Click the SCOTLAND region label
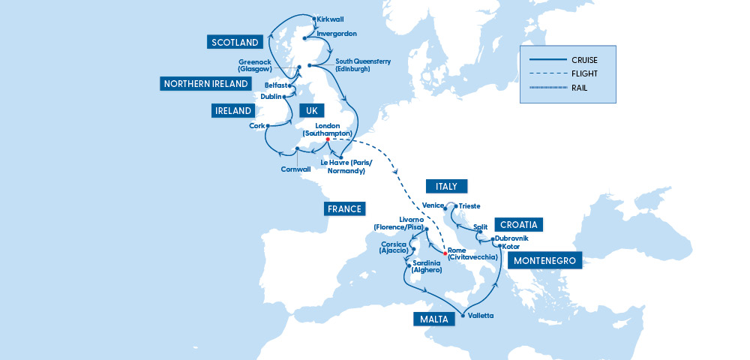point(235,42)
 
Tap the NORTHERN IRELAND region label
point(206,84)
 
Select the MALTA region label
point(434,319)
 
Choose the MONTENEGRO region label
point(545,261)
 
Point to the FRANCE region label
point(344,209)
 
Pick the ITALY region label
point(446,186)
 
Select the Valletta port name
point(480,316)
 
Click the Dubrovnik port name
point(517,238)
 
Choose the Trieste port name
point(469,205)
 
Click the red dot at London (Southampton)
point(328,139)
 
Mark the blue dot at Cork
point(267,126)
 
